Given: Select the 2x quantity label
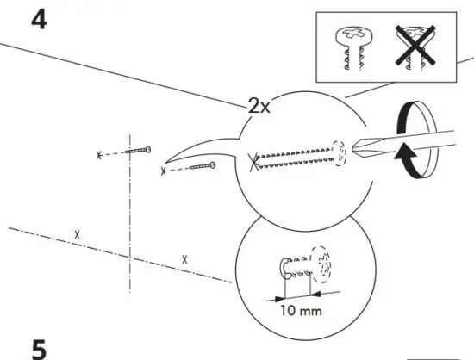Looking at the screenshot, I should pyautogui.click(x=259, y=107).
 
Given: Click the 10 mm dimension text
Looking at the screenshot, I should pyautogui.click(x=301, y=308).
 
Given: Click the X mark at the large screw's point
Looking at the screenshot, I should pyautogui.click(x=253, y=159).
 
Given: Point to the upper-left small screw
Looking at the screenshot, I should pyautogui.click(x=138, y=152).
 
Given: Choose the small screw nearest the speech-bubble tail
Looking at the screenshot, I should pyautogui.click(x=202, y=165).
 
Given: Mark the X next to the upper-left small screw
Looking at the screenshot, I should pyautogui.click(x=99, y=155).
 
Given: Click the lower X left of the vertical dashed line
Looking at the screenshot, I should pyautogui.click(x=78, y=234).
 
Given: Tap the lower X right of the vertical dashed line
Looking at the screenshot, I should pyautogui.click(x=184, y=258).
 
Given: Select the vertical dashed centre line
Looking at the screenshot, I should pyautogui.click(x=129, y=215).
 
